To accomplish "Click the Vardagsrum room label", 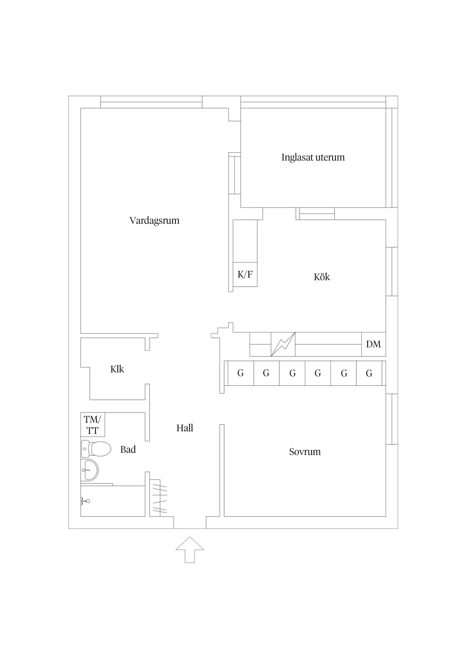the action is pyautogui.click(x=154, y=221).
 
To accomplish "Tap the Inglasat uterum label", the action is pyautogui.click(x=313, y=157).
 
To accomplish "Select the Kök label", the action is pyautogui.click(x=322, y=277).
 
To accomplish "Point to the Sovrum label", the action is pyautogui.click(x=304, y=452).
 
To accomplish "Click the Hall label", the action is pyautogui.click(x=185, y=428).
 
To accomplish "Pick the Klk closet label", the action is pyautogui.click(x=117, y=369).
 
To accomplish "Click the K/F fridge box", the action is pyautogui.click(x=245, y=274).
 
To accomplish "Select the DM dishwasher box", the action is pyautogui.click(x=374, y=344).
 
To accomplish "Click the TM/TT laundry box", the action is pyautogui.click(x=92, y=424).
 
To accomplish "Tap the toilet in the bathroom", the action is pyautogui.click(x=96, y=449).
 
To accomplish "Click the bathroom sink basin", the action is pyautogui.click(x=89, y=470).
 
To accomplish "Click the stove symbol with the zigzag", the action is pyautogui.click(x=283, y=344).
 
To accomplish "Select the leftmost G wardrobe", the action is pyautogui.click(x=241, y=373).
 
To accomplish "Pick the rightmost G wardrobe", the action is pyautogui.click(x=369, y=373).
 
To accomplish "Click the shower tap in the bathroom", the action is pyautogui.click(x=85, y=501).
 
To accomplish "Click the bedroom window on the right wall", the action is pyautogui.click(x=392, y=419).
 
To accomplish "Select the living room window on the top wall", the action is pyautogui.click(x=151, y=102).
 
